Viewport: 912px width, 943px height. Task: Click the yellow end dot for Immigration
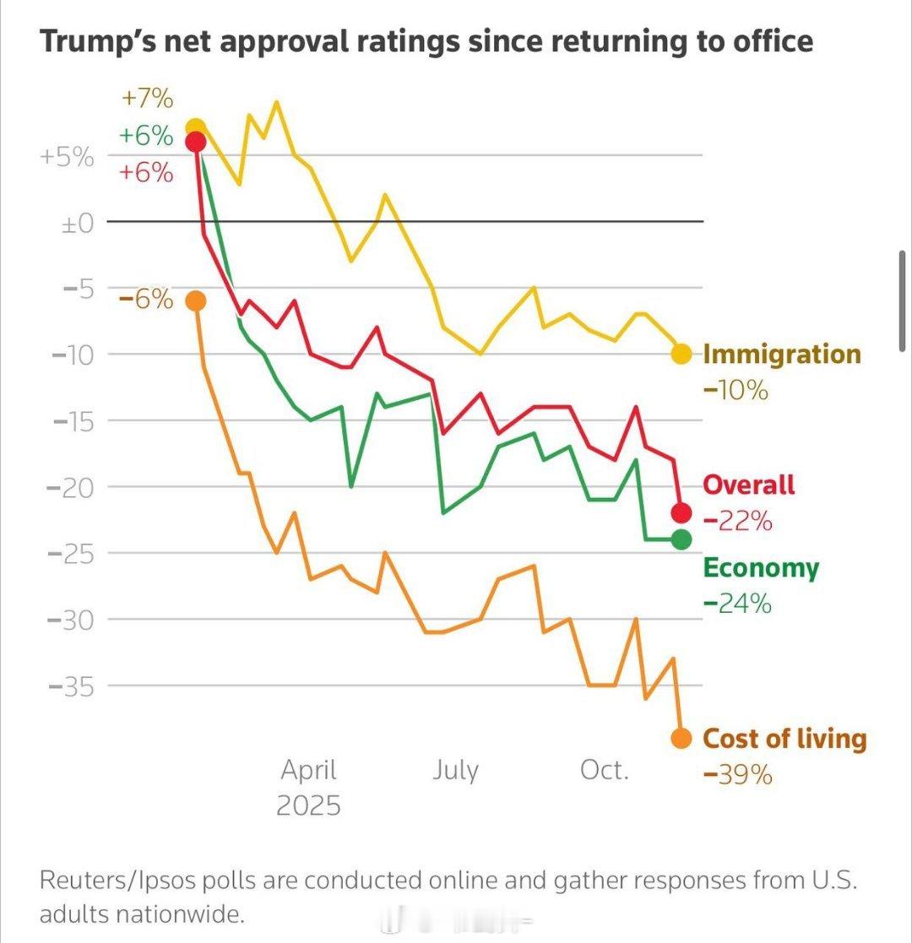pyautogui.click(x=681, y=355)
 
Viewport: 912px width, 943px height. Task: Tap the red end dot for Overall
pyautogui.click(x=681, y=512)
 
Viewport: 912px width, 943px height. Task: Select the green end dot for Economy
pyautogui.click(x=681, y=539)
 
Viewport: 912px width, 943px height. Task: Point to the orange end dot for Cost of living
pyautogui.click(x=681, y=739)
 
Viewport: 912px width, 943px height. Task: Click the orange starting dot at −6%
pyautogui.click(x=196, y=301)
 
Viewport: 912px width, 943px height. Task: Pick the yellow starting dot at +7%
pyautogui.click(x=196, y=127)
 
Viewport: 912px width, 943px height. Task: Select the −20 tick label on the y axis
pyautogui.click(x=73, y=487)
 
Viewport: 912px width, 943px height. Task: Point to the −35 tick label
pyautogui.click(x=73, y=686)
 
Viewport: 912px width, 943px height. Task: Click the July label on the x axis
pyautogui.click(x=455, y=770)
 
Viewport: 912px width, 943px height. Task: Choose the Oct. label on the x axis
pyautogui.click(x=605, y=770)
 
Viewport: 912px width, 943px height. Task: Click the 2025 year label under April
pyautogui.click(x=308, y=805)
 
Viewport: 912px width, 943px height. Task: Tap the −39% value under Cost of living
pyautogui.click(x=737, y=774)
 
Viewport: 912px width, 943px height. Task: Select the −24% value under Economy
pyautogui.click(x=737, y=604)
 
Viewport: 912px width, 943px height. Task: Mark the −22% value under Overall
pyautogui.click(x=737, y=522)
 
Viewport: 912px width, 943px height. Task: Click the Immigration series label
pyautogui.click(x=782, y=354)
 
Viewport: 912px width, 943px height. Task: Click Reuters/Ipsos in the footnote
pyautogui.click(x=111, y=880)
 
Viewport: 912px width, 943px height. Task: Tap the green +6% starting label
pyautogui.click(x=147, y=136)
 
